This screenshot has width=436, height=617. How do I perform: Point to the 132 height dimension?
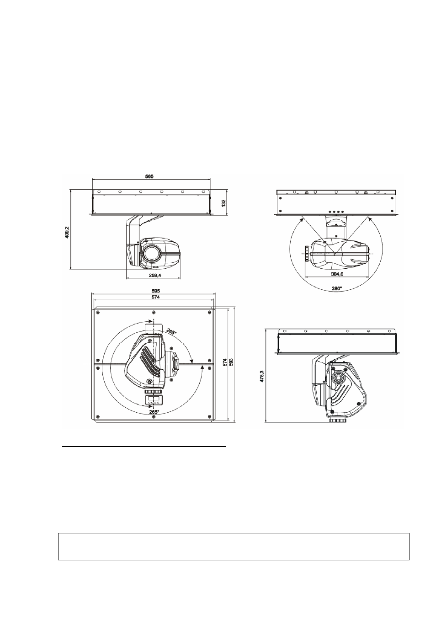223,203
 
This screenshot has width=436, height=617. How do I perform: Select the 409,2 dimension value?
67,232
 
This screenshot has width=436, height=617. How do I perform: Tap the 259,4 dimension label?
153,275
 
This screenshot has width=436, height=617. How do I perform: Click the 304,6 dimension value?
337,274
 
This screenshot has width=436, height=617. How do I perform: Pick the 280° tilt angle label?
336,288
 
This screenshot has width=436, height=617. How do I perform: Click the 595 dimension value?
155,291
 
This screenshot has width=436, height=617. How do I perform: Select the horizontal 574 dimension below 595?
155,297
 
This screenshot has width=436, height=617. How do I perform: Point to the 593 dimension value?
231,362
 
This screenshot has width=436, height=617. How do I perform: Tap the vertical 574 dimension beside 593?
225,362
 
